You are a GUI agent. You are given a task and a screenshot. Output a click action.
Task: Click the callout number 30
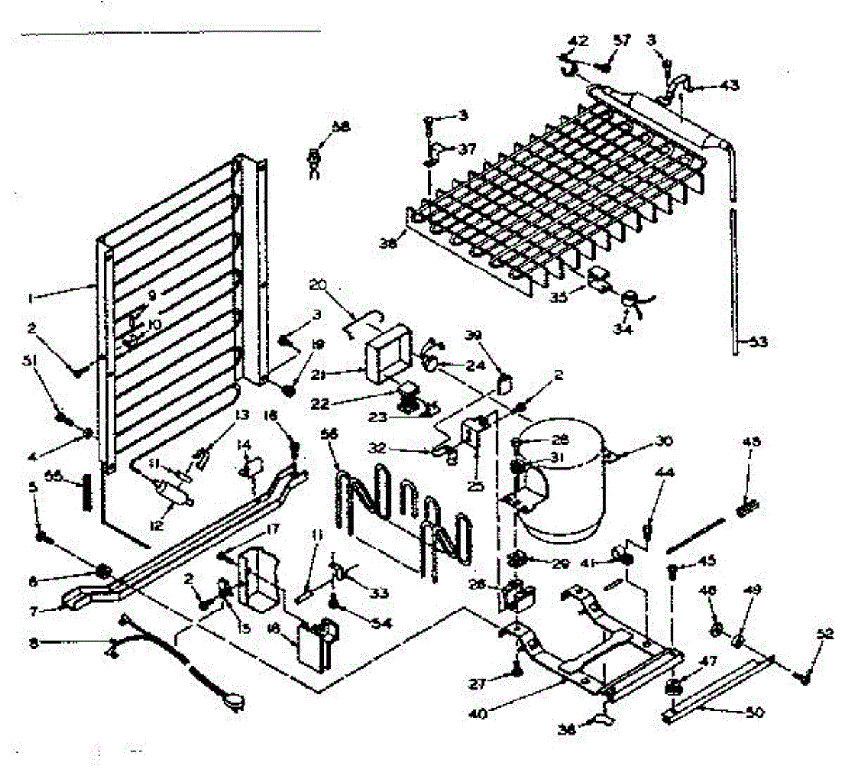point(663,442)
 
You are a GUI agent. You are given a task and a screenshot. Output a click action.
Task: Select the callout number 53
point(758,342)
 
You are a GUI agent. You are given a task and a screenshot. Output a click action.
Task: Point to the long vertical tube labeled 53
point(736,278)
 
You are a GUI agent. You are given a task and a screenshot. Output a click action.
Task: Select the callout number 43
point(728,86)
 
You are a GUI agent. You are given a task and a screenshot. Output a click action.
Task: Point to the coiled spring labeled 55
point(86,492)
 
